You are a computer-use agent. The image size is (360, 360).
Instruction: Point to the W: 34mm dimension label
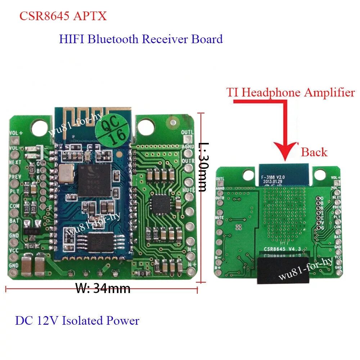(x=103, y=288)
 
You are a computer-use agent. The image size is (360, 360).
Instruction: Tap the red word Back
(x=314, y=152)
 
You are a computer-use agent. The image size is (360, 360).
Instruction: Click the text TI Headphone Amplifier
(x=291, y=93)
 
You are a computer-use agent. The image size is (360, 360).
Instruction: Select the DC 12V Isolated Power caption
(x=77, y=320)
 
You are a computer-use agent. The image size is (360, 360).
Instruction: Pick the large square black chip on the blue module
(x=94, y=177)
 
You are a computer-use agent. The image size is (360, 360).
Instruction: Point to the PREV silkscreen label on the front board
(x=15, y=177)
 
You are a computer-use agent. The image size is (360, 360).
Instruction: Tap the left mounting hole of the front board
(x=37, y=127)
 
